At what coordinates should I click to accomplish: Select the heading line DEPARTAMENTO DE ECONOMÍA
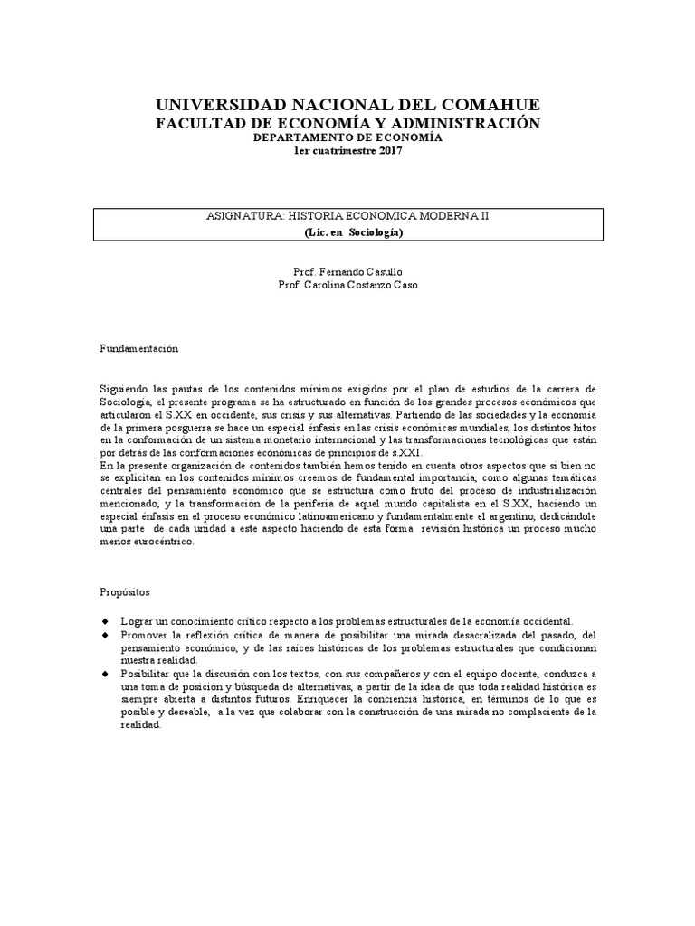click(x=347, y=137)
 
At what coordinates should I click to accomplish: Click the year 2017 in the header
click(x=388, y=150)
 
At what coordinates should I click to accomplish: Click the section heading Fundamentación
click(x=138, y=348)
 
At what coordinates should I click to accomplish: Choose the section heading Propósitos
click(x=125, y=592)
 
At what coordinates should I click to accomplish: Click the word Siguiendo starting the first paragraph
click(x=123, y=388)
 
